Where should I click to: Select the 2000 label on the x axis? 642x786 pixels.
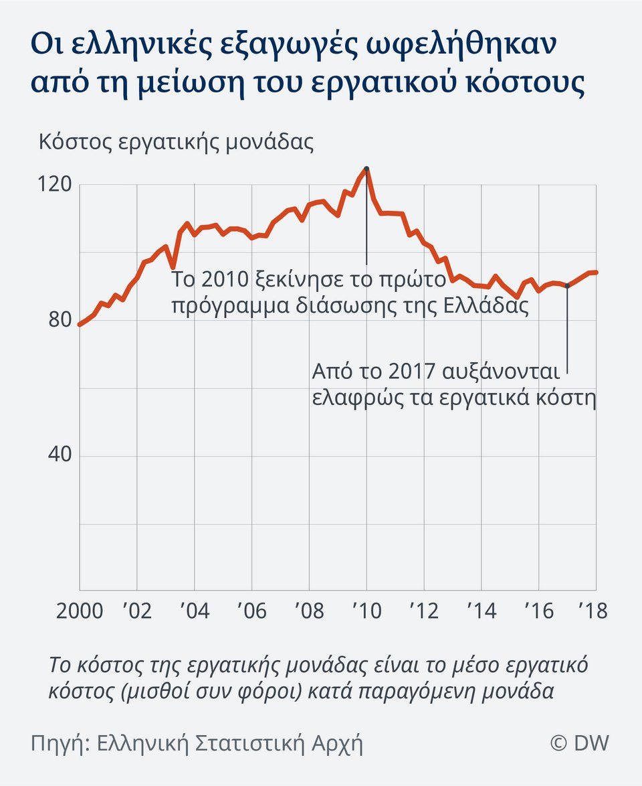pyautogui.click(x=80, y=611)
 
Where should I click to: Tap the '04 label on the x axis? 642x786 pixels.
pyautogui.click(x=194, y=611)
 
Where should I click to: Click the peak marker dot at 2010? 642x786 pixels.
pyautogui.click(x=366, y=169)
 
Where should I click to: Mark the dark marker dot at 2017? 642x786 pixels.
pyautogui.click(x=568, y=286)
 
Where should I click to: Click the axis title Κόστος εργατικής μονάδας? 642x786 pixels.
pyautogui.click(x=176, y=143)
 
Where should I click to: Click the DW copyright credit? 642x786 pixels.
pyautogui.click(x=579, y=743)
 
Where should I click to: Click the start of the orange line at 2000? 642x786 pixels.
pyautogui.click(x=80, y=324)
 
